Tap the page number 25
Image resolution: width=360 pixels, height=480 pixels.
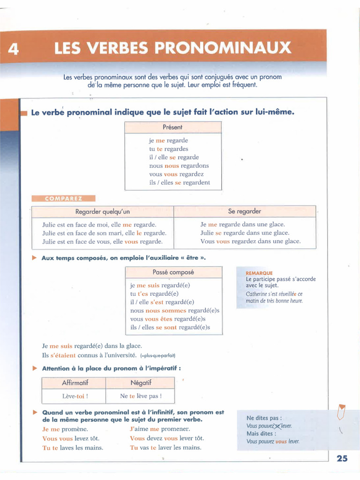[342, 458]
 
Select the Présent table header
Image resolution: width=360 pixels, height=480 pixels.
[172, 127]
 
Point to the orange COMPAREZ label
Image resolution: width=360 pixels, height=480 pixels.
[63, 198]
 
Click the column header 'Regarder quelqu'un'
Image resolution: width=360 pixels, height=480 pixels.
[103, 212]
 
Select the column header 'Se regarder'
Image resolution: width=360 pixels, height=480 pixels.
[245, 211]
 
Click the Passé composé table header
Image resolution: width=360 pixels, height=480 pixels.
[173, 272]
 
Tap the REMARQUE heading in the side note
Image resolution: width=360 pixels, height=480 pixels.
[259, 273]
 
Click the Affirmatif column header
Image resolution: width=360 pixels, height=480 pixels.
[75, 383]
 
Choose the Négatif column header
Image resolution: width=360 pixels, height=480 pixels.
[141, 383]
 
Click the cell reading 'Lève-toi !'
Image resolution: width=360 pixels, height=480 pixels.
[75, 396]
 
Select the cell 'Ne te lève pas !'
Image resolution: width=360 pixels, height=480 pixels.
[141, 396]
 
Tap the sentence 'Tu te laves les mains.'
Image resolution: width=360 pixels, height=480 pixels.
[73, 448]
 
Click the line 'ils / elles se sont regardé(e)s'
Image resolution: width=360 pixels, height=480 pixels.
[170, 328]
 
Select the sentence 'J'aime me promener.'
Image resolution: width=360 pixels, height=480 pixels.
[160, 429]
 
